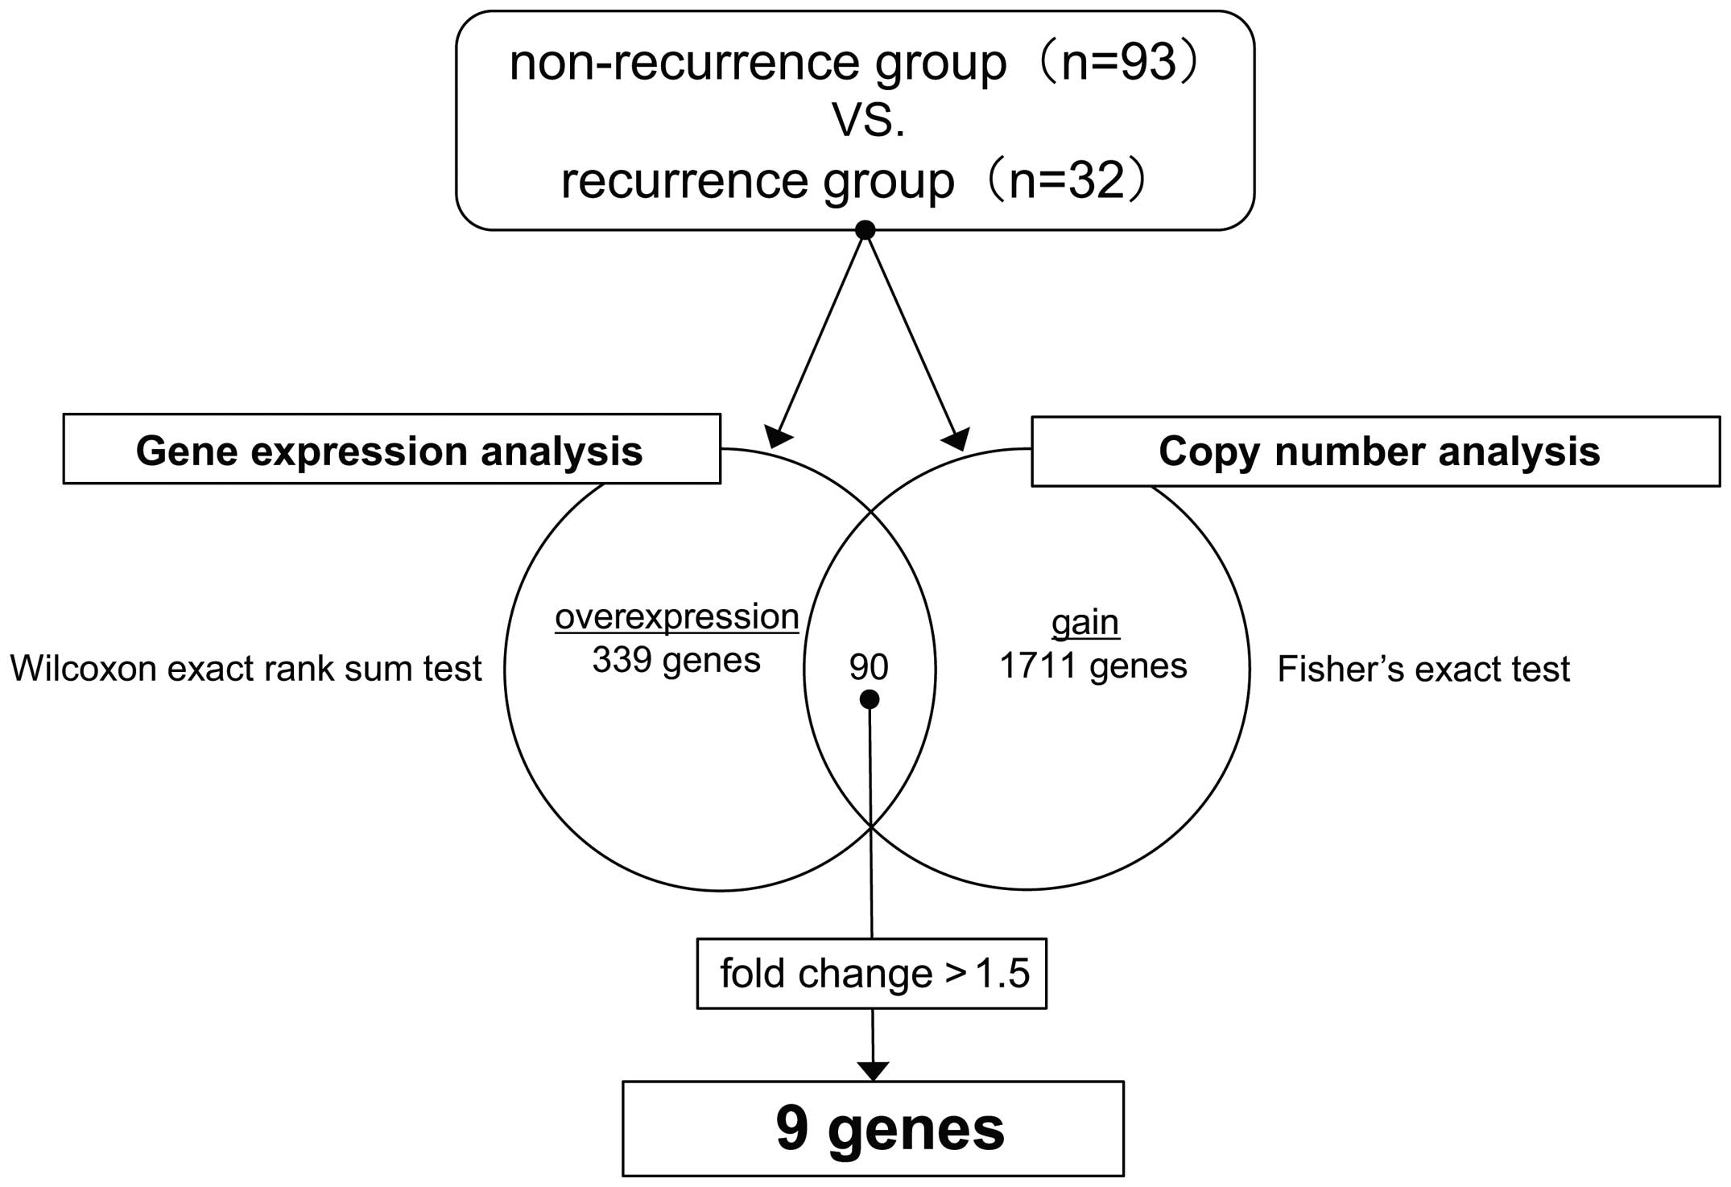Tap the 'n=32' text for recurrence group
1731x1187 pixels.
click(x=1066, y=181)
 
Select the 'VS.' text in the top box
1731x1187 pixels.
click(x=868, y=122)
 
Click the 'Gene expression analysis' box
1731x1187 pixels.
click(x=391, y=450)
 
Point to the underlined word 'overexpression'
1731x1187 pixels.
click(x=676, y=617)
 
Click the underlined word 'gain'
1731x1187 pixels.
click(x=1084, y=623)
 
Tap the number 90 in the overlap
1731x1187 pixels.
click(x=869, y=667)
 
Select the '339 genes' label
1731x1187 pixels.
click(x=676, y=661)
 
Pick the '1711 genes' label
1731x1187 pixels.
click(x=1093, y=666)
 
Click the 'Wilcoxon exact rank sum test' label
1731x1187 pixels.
click(x=246, y=669)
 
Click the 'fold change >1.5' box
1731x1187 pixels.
click(x=872, y=974)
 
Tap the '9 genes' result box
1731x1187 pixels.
click(x=873, y=1129)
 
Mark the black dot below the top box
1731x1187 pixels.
click(x=865, y=231)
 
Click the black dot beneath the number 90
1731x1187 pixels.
click(x=869, y=700)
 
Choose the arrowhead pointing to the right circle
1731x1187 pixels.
click(x=956, y=439)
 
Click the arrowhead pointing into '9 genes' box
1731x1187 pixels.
click(x=873, y=1071)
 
